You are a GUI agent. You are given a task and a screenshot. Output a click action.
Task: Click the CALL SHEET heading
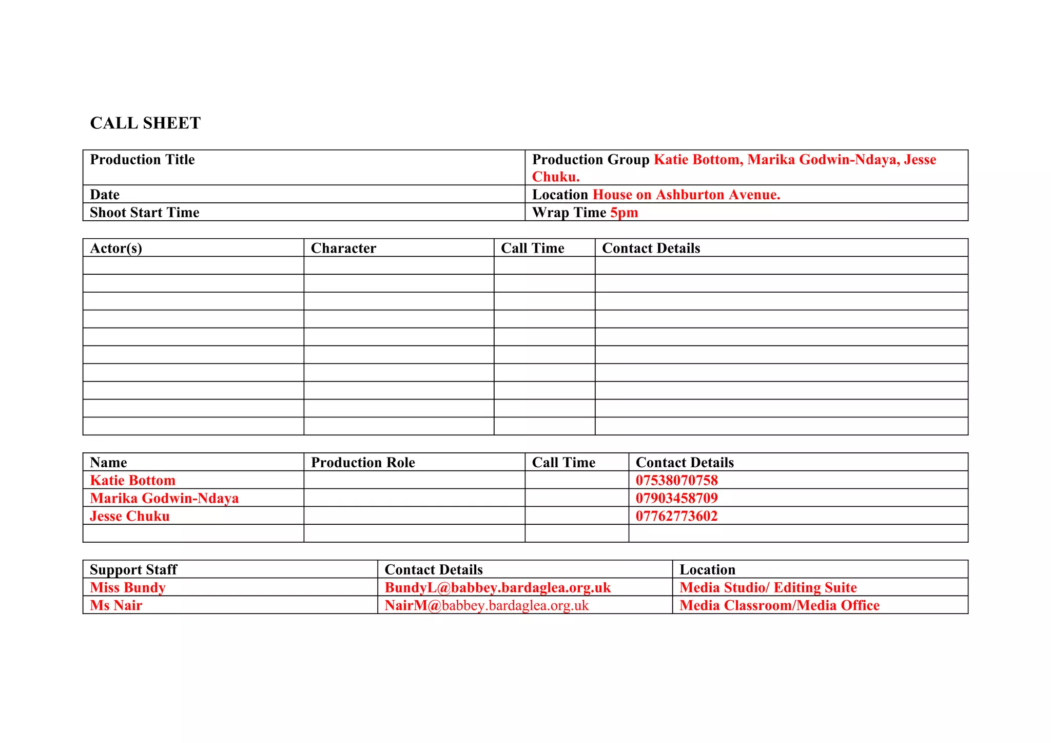click(145, 123)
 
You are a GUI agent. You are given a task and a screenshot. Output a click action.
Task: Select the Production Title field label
click(142, 160)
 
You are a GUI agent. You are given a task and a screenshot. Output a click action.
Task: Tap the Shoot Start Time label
click(144, 213)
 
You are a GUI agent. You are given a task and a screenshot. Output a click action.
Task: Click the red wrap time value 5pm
click(624, 213)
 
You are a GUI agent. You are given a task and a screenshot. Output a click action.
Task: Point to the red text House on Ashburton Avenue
click(686, 195)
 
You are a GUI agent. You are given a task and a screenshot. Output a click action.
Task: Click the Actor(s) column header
click(116, 249)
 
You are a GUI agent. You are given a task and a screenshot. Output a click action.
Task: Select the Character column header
click(343, 249)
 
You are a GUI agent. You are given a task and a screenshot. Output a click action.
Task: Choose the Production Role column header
click(363, 463)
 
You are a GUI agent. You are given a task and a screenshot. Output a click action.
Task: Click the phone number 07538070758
click(676, 481)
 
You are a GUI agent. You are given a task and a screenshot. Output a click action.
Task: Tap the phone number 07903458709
click(676, 498)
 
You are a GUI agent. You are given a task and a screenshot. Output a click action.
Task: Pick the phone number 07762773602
click(676, 516)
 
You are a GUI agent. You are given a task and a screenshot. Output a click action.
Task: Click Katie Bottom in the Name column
click(132, 481)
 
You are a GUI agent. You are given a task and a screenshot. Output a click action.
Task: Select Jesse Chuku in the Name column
click(129, 516)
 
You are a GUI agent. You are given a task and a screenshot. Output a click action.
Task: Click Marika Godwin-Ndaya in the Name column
click(164, 498)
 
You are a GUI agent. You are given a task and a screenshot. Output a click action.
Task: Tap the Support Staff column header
click(133, 570)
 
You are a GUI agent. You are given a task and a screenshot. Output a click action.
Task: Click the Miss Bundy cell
click(128, 587)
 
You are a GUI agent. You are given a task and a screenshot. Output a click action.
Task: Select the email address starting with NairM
click(486, 605)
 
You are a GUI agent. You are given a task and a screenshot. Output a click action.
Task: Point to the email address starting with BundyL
click(498, 587)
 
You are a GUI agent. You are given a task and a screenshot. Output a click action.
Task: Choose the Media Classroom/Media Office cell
click(779, 605)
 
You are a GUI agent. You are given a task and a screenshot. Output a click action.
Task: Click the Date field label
click(105, 195)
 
